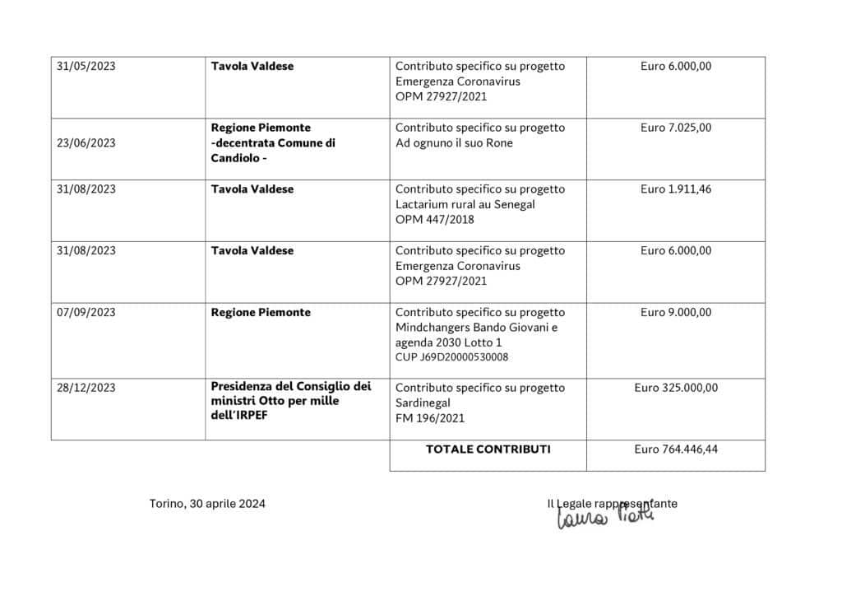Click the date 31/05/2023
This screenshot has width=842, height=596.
[x=86, y=67]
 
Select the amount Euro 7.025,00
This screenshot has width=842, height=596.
[x=676, y=128]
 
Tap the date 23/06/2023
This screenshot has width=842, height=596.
[x=86, y=142]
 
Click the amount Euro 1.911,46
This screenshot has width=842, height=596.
[x=676, y=189]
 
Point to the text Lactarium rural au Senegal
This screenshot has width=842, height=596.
[x=465, y=204]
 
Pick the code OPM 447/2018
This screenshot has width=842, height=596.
[x=435, y=220]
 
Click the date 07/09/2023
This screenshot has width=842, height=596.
[x=86, y=313]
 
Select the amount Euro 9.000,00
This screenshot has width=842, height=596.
[x=676, y=313]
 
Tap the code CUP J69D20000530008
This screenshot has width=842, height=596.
[x=451, y=357]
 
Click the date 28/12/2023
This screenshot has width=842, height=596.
[x=86, y=388]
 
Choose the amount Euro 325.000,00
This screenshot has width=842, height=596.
[x=676, y=388]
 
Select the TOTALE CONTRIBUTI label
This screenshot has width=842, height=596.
[x=488, y=449]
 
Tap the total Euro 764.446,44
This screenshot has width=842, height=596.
[x=676, y=449]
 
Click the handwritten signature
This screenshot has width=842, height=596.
[x=605, y=517]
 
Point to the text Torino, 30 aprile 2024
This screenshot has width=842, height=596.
[x=207, y=504]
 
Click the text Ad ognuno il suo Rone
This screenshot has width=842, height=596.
[x=454, y=143]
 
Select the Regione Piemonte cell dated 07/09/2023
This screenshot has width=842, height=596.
[x=261, y=313]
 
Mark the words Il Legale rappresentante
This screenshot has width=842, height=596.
[x=612, y=503]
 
